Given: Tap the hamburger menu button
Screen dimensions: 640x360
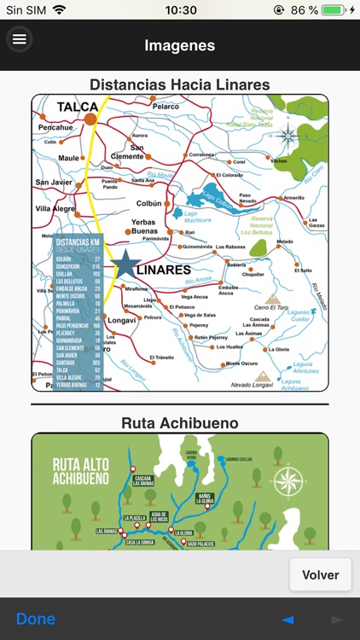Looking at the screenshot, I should click(x=19, y=39).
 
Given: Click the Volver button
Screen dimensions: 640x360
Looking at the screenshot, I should click(x=320, y=575).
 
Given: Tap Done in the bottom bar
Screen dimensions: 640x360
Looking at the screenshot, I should click(x=36, y=619).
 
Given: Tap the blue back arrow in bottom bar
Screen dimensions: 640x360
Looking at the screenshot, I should click(x=287, y=620).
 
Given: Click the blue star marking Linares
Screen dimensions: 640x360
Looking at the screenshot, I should click(x=127, y=265).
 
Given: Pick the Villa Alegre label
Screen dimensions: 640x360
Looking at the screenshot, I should click(x=55, y=207).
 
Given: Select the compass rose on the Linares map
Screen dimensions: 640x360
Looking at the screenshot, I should click(x=288, y=134).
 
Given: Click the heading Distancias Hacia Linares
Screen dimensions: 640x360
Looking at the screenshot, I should click(x=179, y=84).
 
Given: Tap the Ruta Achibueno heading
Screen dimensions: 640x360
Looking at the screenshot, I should click(x=179, y=422).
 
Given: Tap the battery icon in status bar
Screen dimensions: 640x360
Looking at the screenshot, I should click(x=333, y=10).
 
